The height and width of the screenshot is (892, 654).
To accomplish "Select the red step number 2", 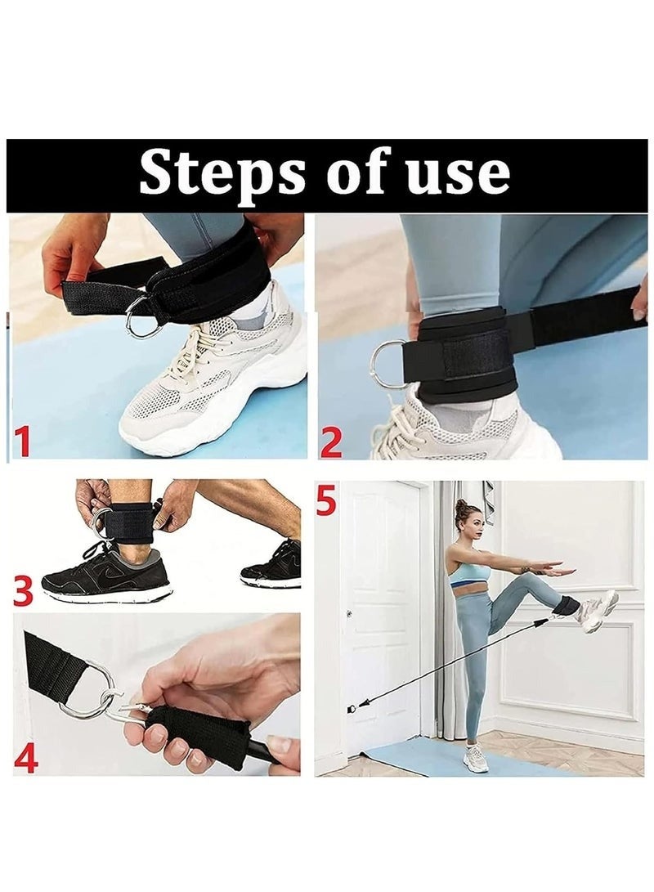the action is [x=331, y=443].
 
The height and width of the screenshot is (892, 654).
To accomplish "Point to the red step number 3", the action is [x=24, y=590].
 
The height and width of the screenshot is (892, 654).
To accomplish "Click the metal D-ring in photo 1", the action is [x=137, y=320].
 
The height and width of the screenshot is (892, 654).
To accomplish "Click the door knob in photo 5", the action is [x=348, y=613].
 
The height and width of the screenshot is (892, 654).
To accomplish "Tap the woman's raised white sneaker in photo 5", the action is [x=596, y=612].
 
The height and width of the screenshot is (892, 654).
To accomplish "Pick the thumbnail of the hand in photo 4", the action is [x=281, y=743].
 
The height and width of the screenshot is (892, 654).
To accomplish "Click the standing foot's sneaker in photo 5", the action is [x=475, y=756].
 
